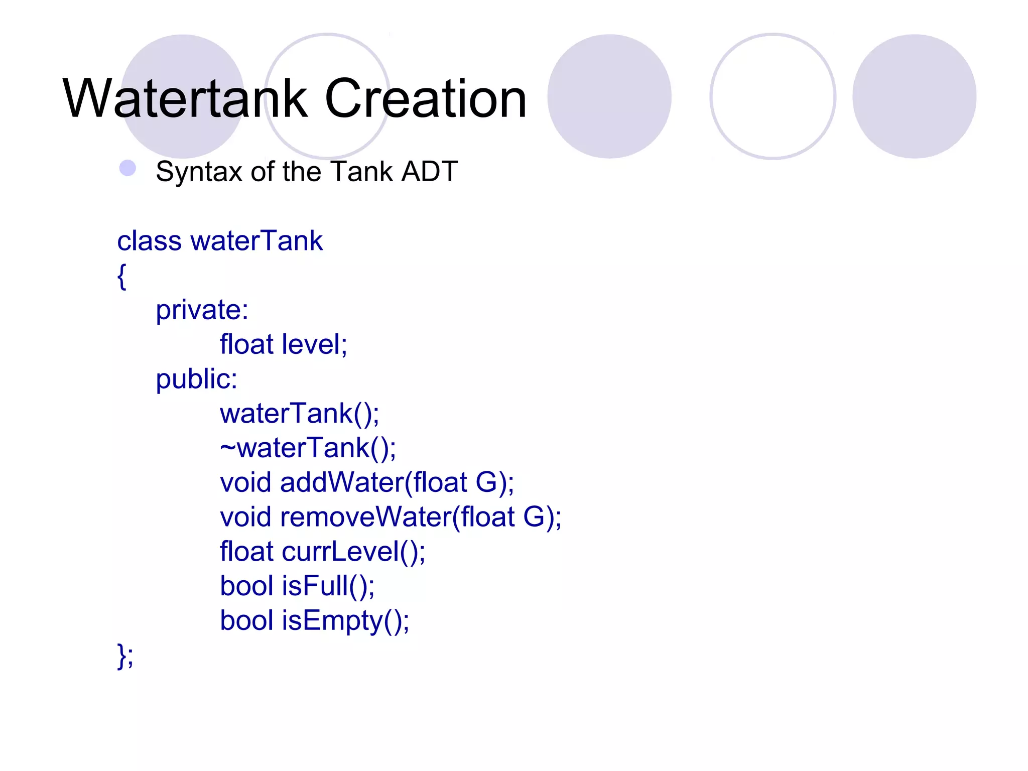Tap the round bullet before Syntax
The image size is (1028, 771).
[x=128, y=168]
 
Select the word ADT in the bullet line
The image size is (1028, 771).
[x=430, y=172]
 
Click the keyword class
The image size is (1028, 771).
[x=149, y=241]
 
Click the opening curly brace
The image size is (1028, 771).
[x=121, y=276]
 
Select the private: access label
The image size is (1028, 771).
[x=202, y=310]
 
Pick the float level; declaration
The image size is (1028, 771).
[x=283, y=345]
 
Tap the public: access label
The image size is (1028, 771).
[x=196, y=379]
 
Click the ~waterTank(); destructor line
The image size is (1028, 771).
[x=308, y=448]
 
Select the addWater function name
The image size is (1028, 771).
[x=342, y=482]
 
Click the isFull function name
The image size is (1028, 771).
[x=315, y=586]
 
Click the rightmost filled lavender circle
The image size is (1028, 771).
[x=914, y=96]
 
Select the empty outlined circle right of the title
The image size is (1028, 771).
[x=773, y=96]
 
